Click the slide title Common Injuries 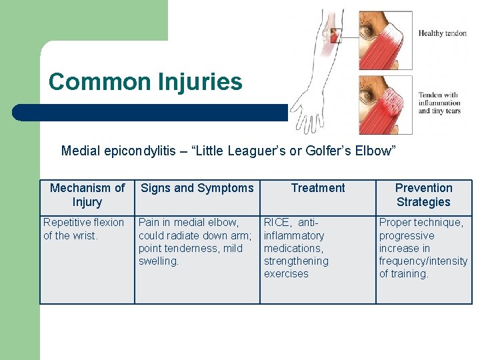(x=145, y=82)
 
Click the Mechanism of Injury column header (x=87, y=195)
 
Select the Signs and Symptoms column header (x=197, y=188)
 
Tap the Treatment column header (x=318, y=188)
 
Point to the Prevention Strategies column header (x=423, y=195)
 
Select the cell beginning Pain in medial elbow (x=195, y=241)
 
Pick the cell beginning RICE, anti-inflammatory (x=296, y=248)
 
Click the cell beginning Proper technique (x=423, y=248)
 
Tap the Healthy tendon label (x=442, y=33)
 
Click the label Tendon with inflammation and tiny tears (x=439, y=103)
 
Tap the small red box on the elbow (x=335, y=35)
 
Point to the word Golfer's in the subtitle (x=328, y=151)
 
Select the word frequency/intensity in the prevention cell (x=423, y=261)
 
